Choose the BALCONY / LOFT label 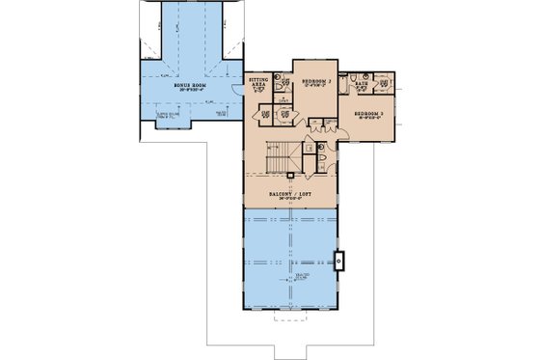[x=291, y=194]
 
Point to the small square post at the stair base [x=290, y=175]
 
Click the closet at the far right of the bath [x=387, y=84]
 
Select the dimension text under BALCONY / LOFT [x=291, y=201]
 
